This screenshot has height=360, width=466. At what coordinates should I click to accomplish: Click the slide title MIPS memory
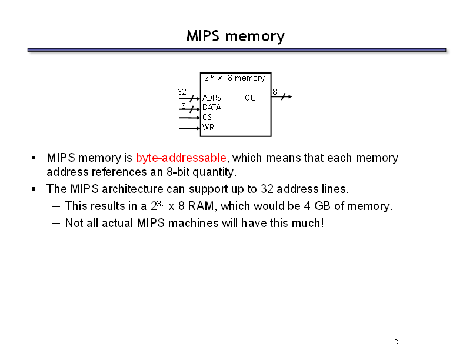[x=235, y=36]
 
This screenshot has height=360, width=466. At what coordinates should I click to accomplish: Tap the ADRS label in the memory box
[x=212, y=98]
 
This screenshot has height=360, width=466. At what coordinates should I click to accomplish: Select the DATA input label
[x=212, y=107]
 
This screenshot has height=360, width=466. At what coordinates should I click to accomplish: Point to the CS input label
[x=207, y=117]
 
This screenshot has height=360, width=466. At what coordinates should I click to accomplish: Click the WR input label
[x=208, y=127]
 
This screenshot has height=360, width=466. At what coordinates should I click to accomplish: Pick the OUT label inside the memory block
[x=252, y=98]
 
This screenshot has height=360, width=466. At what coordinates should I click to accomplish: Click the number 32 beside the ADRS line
[x=182, y=92]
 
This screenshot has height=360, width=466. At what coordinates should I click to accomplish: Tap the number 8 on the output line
[x=275, y=92]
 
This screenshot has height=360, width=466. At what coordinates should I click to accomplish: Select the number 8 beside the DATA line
[x=184, y=106]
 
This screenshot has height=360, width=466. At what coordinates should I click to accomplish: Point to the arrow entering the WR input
[x=189, y=128]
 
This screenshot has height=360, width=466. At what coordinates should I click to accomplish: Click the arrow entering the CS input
[x=189, y=118]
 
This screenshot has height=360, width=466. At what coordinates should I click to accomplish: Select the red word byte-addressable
[x=181, y=158]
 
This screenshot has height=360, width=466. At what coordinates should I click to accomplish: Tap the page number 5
[x=397, y=341]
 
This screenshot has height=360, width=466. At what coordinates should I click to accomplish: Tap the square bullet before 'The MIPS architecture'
[x=34, y=189]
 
